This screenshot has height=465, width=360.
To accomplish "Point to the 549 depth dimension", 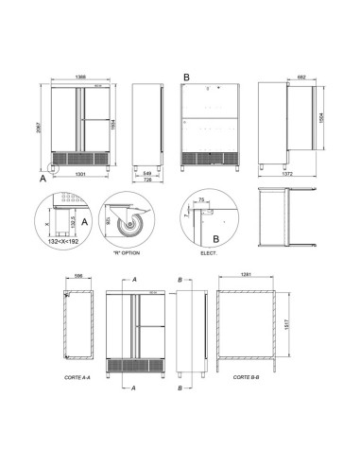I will [146, 174].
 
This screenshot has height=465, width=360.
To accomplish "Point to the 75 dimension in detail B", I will [202, 200].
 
